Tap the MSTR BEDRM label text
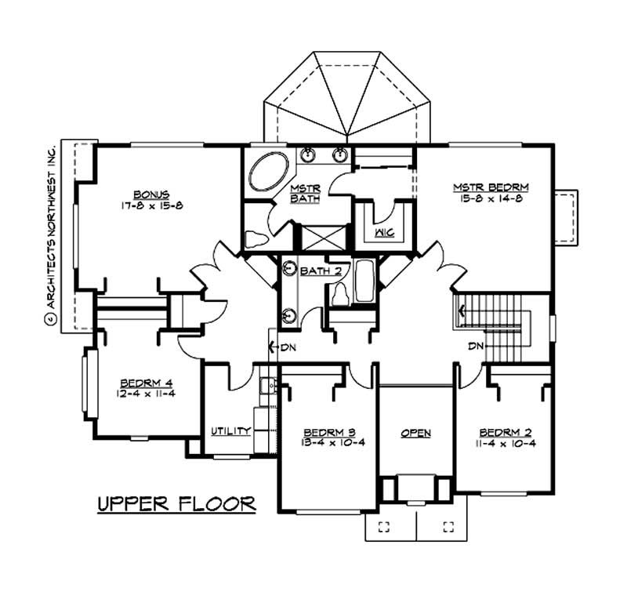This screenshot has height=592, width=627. click(x=491, y=187)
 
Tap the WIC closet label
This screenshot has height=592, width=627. click(x=384, y=233)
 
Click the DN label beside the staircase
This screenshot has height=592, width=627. click(x=475, y=346)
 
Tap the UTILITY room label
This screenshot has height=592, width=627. click(x=230, y=430)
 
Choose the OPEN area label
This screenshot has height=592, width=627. click(x=415, y=433)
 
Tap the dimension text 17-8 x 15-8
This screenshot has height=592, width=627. click(x=148, y=205)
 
